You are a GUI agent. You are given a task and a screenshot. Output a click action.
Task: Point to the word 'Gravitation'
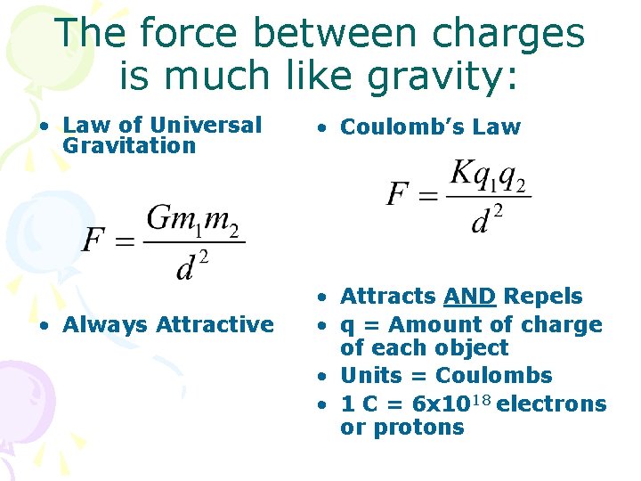tap(129, 145)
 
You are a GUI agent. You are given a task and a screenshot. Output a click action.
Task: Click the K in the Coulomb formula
tap(461, 171)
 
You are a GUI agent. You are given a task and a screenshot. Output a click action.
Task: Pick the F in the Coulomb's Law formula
tap(398, 193)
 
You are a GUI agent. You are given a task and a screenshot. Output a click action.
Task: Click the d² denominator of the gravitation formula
tap(192, 265)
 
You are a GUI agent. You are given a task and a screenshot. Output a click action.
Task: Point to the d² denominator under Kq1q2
tap(486, 218)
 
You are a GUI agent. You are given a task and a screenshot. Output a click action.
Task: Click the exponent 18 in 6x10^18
tap(480, 397)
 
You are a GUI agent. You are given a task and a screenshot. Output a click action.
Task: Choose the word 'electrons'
tap(552, 404)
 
